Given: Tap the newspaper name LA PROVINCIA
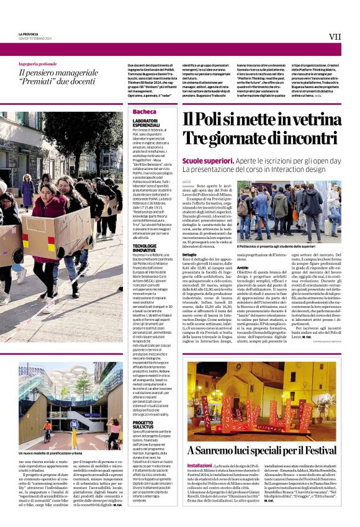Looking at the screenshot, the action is pyautogui.click(x=29, y=34).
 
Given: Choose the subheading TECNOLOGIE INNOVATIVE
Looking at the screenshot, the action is pyautogui.click(x=145, y=248).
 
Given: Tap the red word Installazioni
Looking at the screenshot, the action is pyautogui.click(x=199, y=465).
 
